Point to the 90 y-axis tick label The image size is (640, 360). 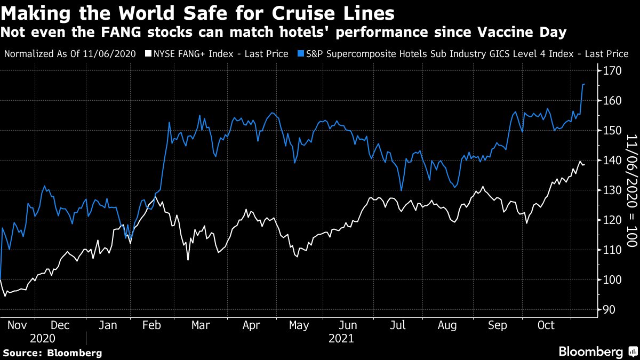609,310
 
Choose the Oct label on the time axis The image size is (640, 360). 545,325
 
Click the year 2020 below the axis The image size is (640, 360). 43,338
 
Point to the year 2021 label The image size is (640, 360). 341,338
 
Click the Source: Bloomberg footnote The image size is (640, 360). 52,353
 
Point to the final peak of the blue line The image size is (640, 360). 583,84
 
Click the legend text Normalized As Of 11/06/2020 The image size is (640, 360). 69,54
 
